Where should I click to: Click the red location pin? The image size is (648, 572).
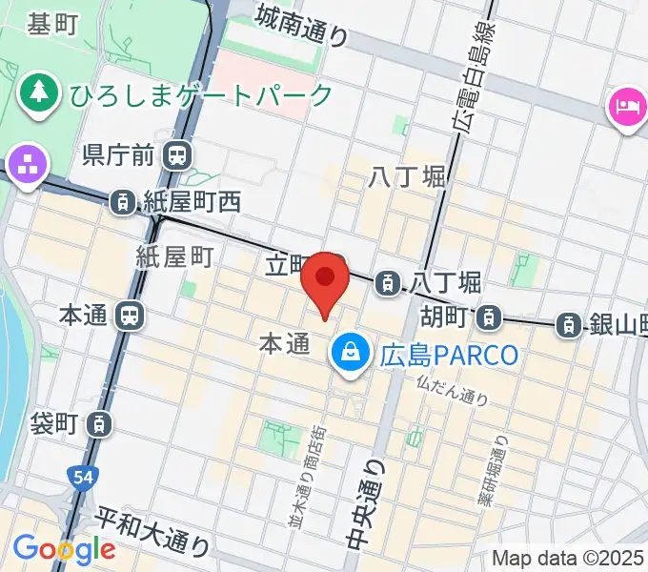pos(325,280)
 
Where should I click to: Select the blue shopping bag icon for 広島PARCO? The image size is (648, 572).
pos(351,355)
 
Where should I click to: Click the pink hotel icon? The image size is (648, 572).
pos(626,105)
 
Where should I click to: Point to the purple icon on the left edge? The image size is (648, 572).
pos(28,164)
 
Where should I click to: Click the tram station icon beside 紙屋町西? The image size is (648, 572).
pos(121,201)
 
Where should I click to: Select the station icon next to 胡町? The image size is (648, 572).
pos(489,315)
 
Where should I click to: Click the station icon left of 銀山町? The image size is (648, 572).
pos(569,324)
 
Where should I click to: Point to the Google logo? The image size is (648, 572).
pos(64,549)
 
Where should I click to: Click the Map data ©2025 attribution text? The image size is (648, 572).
pos(568,558)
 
